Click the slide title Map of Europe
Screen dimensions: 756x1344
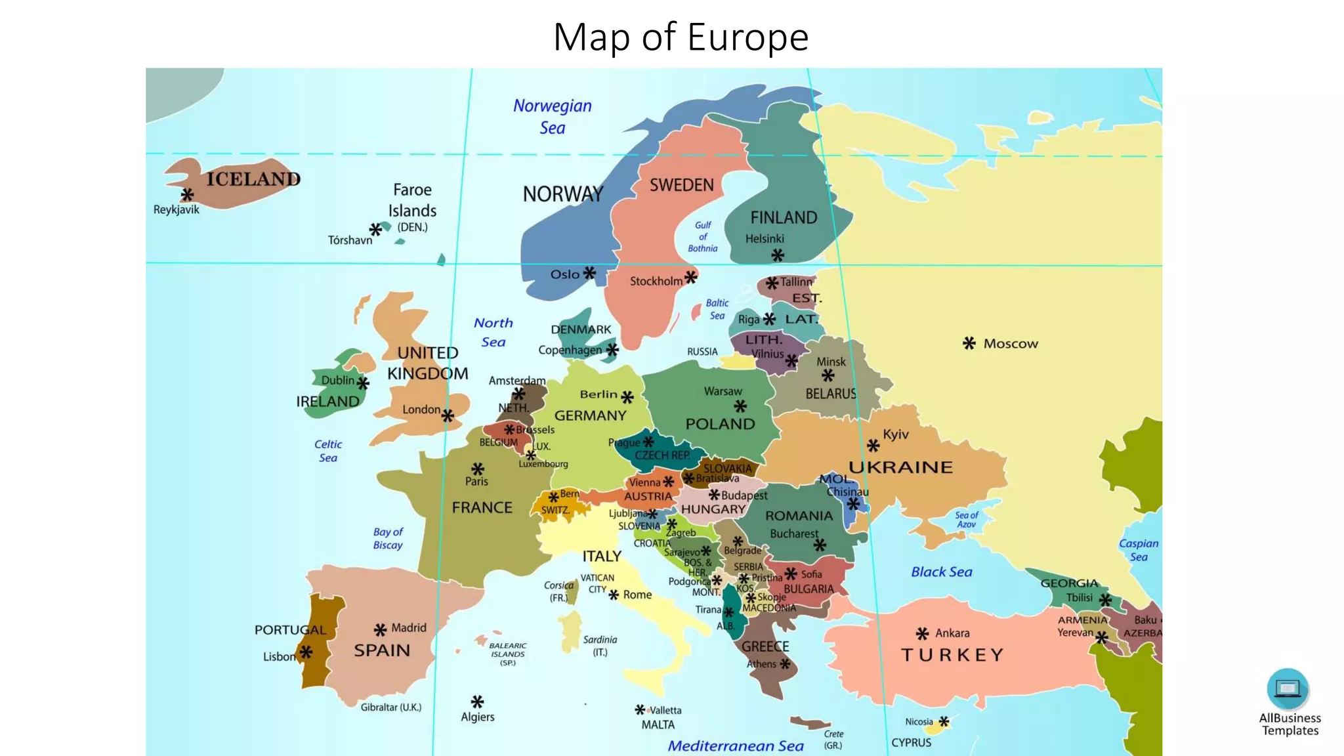click(x=681, y=37)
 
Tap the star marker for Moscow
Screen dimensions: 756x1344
click(x=969, y=343)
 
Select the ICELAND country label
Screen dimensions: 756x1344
click(x=253, y=179)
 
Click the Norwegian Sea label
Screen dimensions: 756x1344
click(x=552, y=116)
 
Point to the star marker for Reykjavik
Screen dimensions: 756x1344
click(x=187, y=195)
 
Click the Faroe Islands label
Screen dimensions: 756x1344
click(x=412, y=200)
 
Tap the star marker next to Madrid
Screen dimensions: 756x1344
click(x=380, y=630)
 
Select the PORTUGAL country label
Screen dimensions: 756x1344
click(x=290, y=630)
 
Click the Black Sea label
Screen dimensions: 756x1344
click(x=941, y=572)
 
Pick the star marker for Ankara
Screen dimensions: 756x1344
click(x=922, y=633)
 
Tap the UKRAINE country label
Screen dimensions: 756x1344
click(x=900, y=467)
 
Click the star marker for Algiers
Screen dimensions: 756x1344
click(x=477, y=702)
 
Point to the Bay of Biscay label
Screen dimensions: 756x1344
click(x=388, y=538)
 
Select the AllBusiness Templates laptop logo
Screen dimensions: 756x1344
click(x=1288, y=688)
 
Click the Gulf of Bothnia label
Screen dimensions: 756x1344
click(x=703, y=236)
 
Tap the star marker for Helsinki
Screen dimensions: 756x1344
click(x=778, y=255)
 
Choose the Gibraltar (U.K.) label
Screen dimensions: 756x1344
click(x=391, y=707)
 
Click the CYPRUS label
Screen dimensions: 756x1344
click(x=911, y=742)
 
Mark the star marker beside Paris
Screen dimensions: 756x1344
click(x=478, y=469)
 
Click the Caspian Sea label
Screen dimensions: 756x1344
click(x=1139, y=550)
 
